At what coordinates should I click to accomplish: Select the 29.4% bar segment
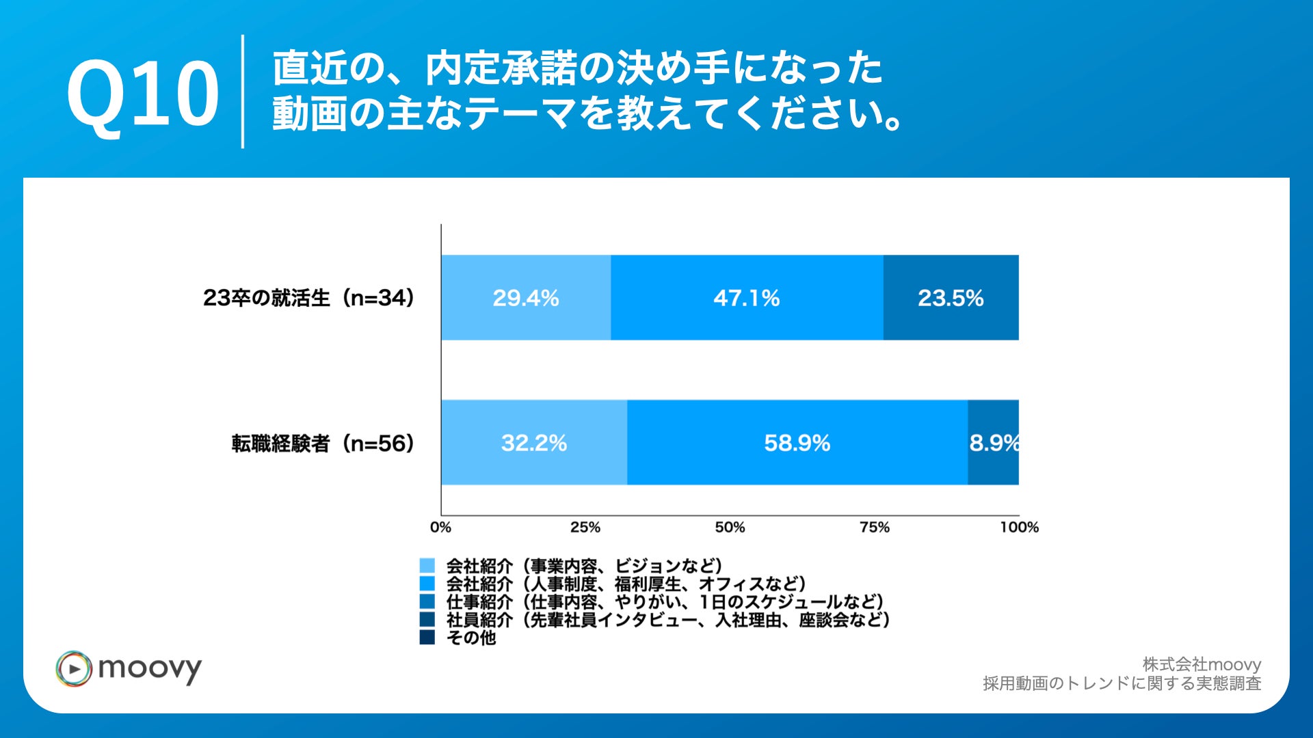[x=525, y=298]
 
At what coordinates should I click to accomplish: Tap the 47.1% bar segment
[x=746, y=298]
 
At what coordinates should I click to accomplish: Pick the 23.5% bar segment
[x=951, y=298]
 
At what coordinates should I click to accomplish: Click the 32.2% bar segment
[x=533, y=443]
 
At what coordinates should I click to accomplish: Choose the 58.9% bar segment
[x=797, y=443]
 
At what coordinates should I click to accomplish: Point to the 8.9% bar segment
[x=994, y=443]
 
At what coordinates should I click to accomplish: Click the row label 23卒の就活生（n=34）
[x=309, y=298]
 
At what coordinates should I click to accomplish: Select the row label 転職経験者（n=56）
[x=323, y=443]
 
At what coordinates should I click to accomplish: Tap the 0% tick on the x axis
[x=440, y=528]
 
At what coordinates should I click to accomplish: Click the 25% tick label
[x=585, y=528]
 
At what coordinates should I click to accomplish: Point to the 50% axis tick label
[x=730, y=528]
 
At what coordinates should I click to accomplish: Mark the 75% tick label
[x=875, y=528]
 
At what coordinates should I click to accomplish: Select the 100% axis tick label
[x=1019, y=528]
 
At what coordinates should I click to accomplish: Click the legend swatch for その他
[x=427, y=638]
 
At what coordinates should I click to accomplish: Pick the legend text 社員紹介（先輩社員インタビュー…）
[x=667, y=620]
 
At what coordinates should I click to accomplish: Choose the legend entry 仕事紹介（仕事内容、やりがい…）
[x=665, y=602]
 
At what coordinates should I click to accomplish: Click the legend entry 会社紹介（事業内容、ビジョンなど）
[x=584, y=566]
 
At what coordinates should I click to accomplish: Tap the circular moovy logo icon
[x=74, y=668]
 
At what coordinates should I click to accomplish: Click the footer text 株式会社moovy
[x=1202, y=664]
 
